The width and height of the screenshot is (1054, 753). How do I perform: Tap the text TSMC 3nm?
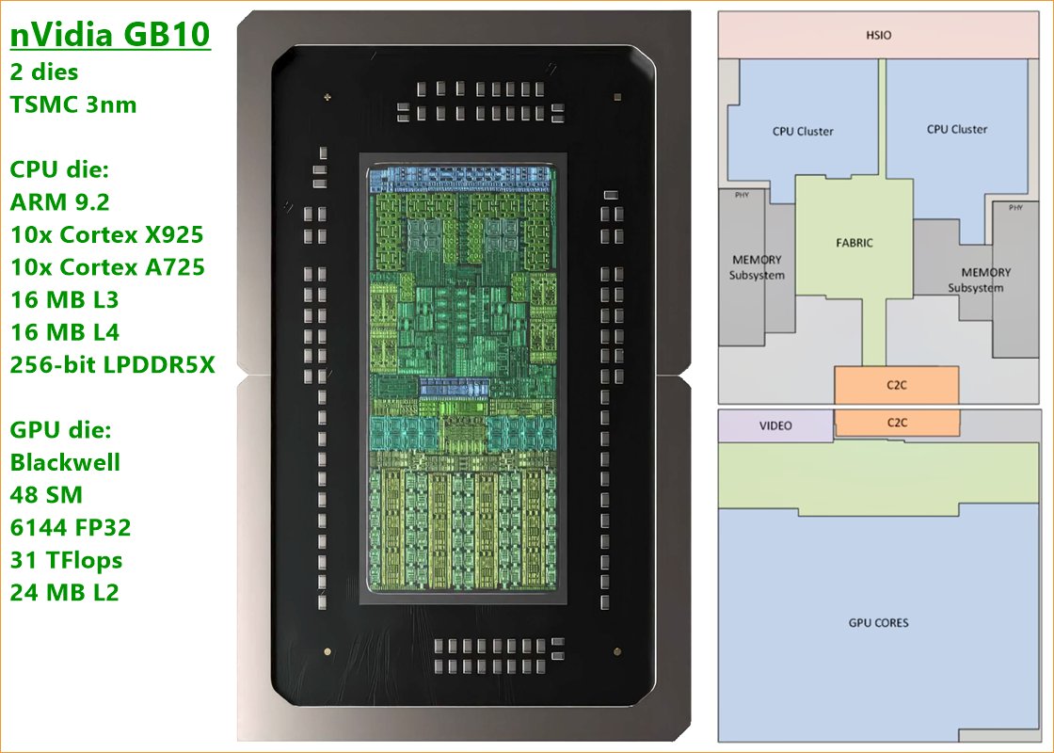[x=73, y=104]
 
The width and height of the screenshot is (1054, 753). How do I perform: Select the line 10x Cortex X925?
[x=106, y=234]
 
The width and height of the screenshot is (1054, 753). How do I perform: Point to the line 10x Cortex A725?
[x=107, y=266]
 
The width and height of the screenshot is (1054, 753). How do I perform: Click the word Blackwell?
[x=65, y=462]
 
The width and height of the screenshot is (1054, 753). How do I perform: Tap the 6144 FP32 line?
[x=71, y=527]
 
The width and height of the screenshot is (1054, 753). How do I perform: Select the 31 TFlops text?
[x=66, y=560]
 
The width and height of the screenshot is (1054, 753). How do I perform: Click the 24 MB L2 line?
[x=65, y=593]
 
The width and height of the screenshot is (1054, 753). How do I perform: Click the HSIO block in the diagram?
[x=878, y=36]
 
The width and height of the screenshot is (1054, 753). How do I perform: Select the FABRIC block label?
[x=854, y=243]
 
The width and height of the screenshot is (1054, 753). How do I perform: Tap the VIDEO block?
[x=775, y=425]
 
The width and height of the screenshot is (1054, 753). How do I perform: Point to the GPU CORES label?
[x=878, y=622]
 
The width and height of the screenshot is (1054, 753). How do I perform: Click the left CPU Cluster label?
[x=803, y=132]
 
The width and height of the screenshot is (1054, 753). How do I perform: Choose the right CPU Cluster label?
[x=957, y=130]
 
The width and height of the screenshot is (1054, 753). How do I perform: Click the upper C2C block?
[x=896, y=385]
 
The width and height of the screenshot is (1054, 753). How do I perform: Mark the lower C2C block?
[x=896, y=423]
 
